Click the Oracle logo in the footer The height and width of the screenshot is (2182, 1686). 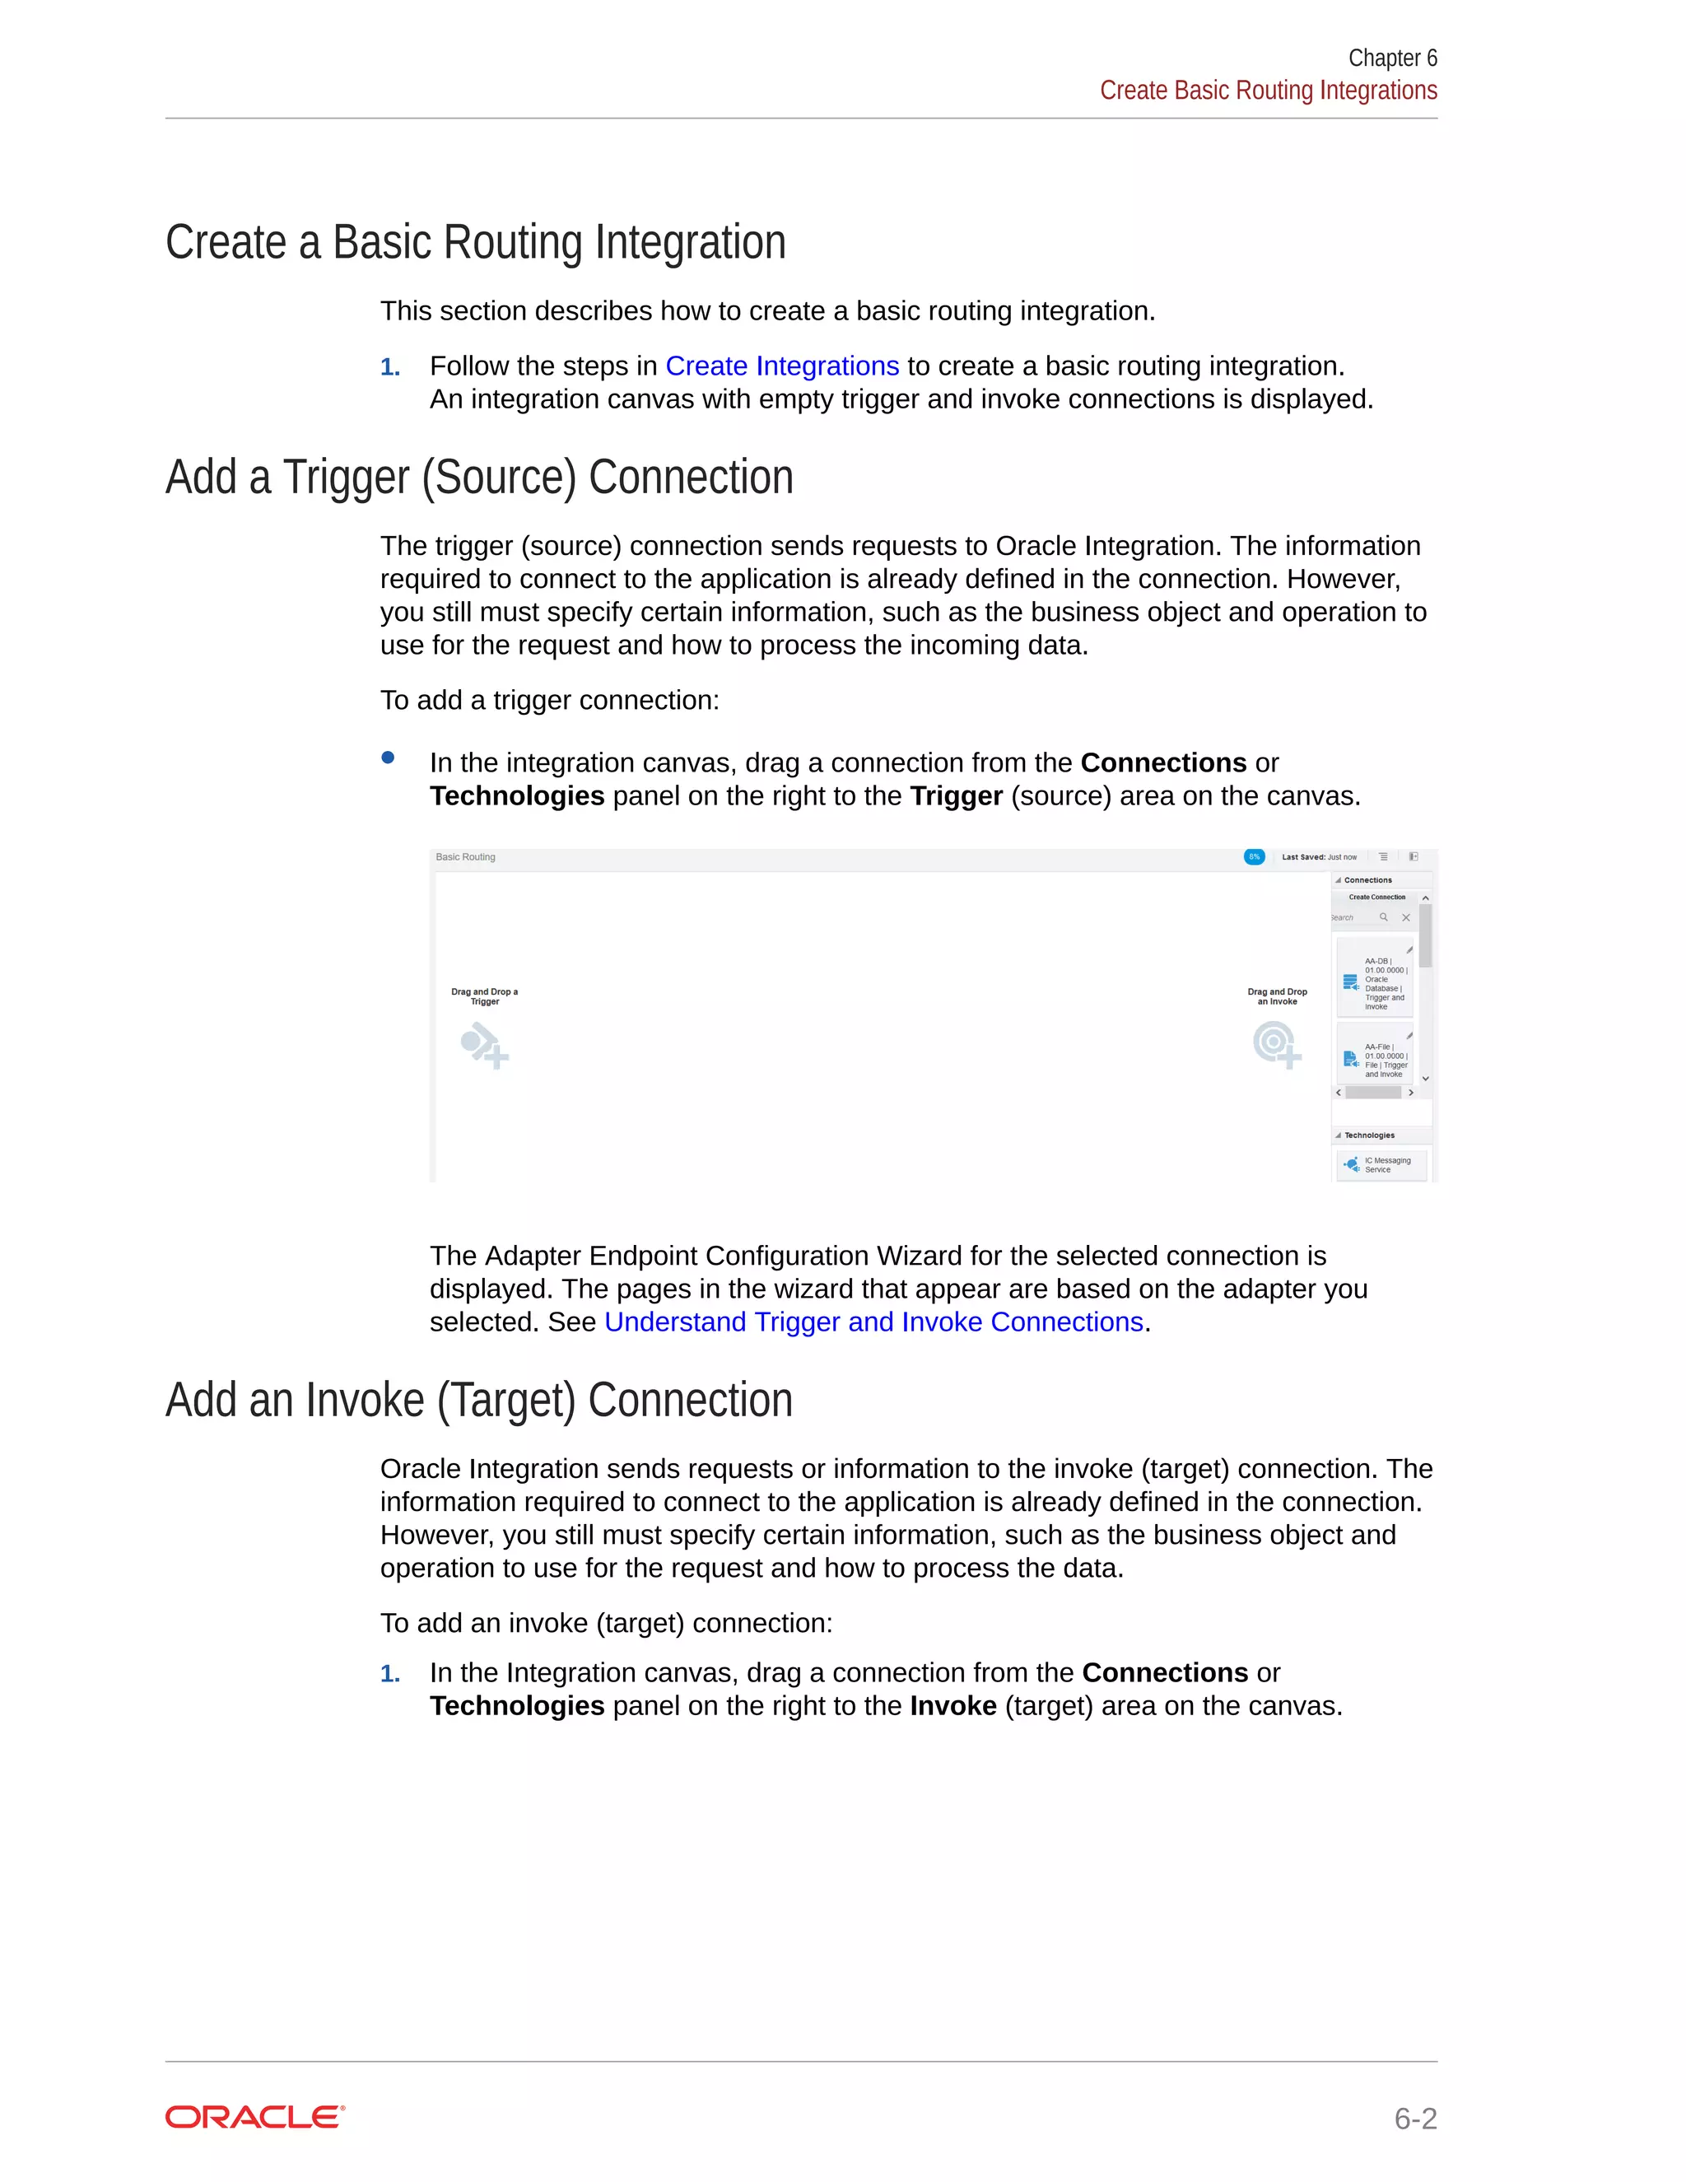tap(254, 2117)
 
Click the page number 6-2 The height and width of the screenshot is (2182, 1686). tap(1414, 2118)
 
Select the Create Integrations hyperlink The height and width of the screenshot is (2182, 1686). tap(781, 366)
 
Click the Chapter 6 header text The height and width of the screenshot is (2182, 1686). tap(1391, 58)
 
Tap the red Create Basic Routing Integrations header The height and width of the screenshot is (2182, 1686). tap(1268, 91)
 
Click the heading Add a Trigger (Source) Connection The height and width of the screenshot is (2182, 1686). tap(478, 477)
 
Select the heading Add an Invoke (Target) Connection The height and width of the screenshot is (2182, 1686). tap(478, 1400)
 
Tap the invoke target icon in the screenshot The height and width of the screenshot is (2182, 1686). tap(1275, 1044)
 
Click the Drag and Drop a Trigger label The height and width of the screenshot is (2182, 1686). tap(484, 996)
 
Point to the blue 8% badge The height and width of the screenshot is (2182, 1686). tap(1254, 856)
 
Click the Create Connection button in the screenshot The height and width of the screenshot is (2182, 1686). tap(1376, 898)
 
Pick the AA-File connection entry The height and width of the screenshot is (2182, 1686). tap(1376, 1058)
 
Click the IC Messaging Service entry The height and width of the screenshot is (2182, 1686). tap(1381, 1165)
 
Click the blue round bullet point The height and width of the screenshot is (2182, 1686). tap(388, 758)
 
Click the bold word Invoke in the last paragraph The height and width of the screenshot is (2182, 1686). tap(952, 1705)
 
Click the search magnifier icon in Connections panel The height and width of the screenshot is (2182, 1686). tap(1383, 917)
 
